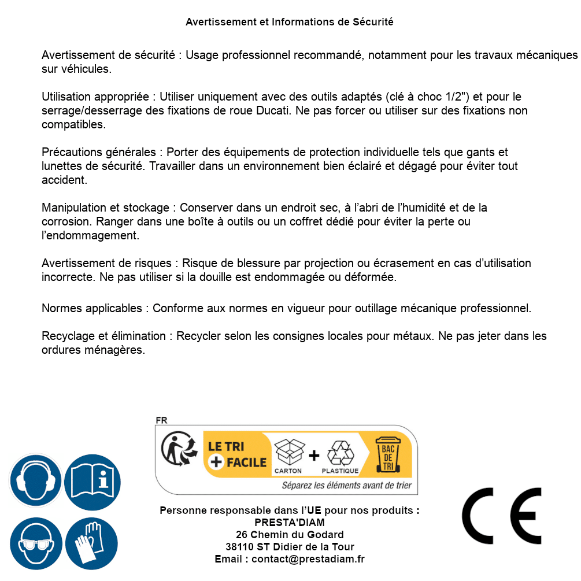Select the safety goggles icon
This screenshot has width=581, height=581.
(36, 544)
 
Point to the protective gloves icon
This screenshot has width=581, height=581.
(92, 544)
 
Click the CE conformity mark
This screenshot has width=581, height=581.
(502, 516)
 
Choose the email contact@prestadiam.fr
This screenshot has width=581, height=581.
(308, 559)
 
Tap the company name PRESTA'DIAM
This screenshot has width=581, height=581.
(289, 523)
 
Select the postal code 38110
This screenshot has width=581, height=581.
(239, 547)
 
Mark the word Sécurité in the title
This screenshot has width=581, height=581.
(373, 22)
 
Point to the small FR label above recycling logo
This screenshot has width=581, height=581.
(161, 420)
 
